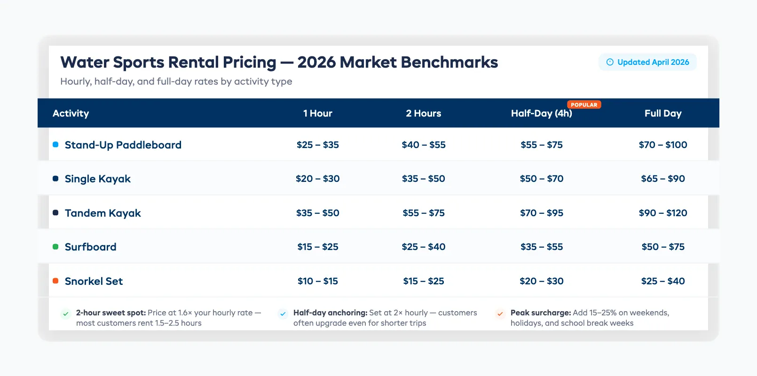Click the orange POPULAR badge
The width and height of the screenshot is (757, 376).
click(x=584, y=105)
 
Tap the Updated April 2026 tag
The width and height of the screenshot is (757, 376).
click(x=647, y=62)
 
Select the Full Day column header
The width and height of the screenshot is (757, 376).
click(x=662, y=113)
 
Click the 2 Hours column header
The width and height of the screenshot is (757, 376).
click(x=423, y=113)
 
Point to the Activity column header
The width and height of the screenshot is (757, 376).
click(x=71, y=113)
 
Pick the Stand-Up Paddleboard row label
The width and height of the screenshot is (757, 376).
click(x=123, y=145)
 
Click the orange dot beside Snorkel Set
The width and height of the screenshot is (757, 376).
click(x=55, y=281)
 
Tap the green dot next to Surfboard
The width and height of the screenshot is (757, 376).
click(x=55, y=247)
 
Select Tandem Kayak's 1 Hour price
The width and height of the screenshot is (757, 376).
click(x=317, y=213)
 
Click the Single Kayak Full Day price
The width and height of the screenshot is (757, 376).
click(x=662, y=179)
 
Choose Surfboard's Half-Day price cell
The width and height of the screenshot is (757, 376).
click(x=541, y=247)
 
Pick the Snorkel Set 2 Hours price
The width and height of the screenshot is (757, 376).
click(x=423, y=281)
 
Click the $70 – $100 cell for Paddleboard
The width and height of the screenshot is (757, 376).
click(x=662, y=145)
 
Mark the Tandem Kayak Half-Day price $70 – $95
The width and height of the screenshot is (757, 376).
click(x=541, y=213)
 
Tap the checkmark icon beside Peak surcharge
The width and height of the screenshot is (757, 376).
click(x=500, y=313)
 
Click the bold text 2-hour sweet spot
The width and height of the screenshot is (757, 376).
click(x=110, y=313)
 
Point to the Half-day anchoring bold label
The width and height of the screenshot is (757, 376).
click(x=330, y=313)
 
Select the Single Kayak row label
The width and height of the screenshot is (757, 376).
click(x=97, y=179)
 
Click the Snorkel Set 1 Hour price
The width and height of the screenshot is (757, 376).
click(x=317, y=281)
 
